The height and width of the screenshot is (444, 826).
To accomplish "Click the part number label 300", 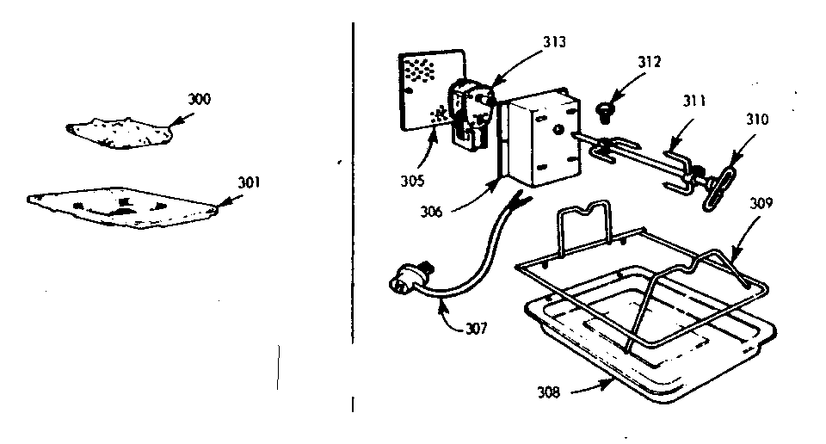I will coord(199,100).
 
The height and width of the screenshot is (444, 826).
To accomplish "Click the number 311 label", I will coord(693,101).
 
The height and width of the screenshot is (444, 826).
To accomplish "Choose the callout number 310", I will coord(735,119).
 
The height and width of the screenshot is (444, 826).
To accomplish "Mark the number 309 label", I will coord(761,205).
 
